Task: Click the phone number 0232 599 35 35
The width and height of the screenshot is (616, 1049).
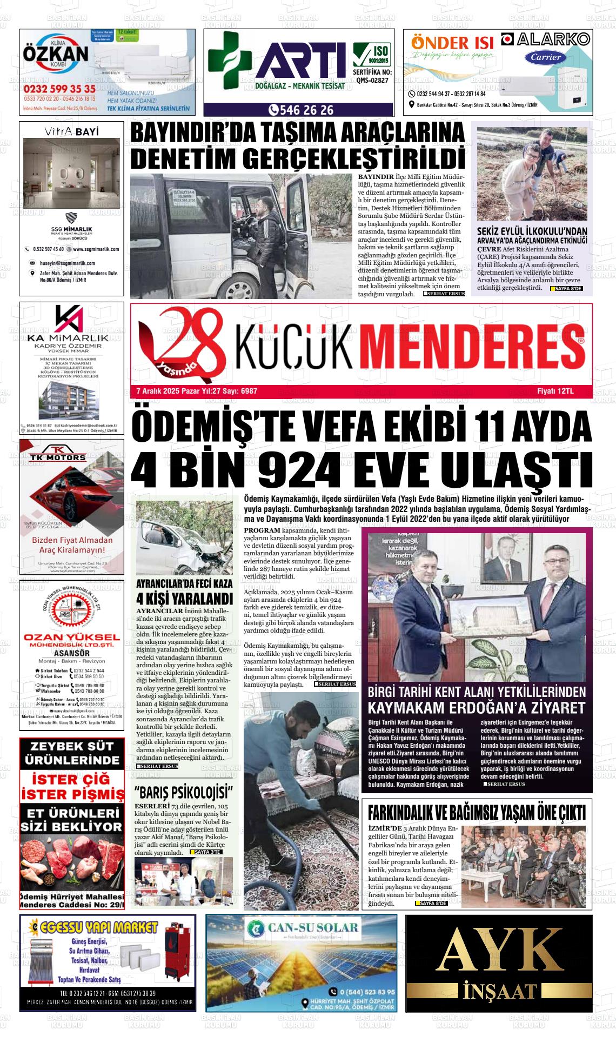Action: (x=59, y=89)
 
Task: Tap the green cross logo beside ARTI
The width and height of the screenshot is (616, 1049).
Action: (x=230, y=60)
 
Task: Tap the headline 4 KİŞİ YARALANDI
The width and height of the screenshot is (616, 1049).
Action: (x=184, y=599)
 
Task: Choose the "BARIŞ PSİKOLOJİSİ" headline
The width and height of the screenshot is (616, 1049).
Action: (x=184, y=793)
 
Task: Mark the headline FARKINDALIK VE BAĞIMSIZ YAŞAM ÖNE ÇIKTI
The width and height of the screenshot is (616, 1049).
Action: (x=477, y=813)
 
